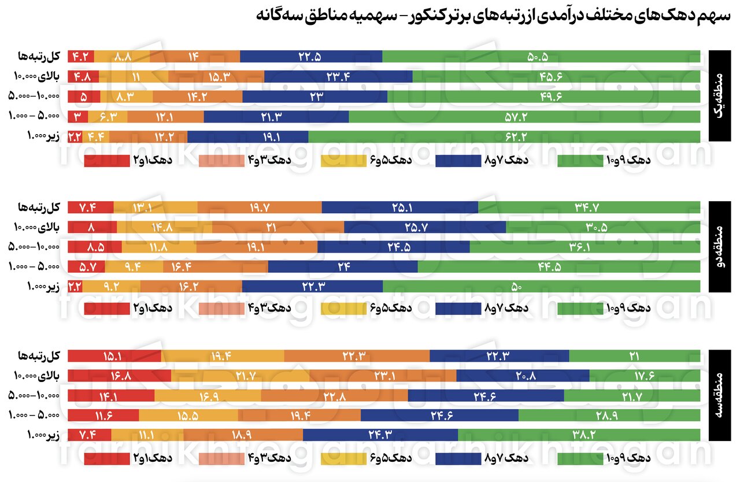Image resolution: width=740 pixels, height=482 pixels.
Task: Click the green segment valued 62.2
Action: [x=504, y=137]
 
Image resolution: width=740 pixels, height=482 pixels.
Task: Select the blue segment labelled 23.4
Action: [x=338, y=76]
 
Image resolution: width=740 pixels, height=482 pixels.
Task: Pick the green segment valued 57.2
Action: [x=524, y=117]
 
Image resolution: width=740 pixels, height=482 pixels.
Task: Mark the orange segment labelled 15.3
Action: [x=216, y=76]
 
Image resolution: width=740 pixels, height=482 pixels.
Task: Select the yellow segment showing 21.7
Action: [x=240, y=376]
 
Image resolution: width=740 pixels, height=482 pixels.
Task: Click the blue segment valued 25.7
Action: [x=425, y=227]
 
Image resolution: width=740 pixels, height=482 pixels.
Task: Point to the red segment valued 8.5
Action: [x=95, y=247]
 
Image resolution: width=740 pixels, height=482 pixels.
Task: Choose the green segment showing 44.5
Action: [x=558, y=266]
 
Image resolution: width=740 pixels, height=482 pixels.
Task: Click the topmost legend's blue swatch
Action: [x=458, y=161]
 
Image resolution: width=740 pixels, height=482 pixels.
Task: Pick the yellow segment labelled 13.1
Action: [x=156, y=206]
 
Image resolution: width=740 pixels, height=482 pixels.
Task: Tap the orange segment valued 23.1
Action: [x=383, y=376]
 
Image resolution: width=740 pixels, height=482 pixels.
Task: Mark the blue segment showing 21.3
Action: [x=276, y=117]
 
